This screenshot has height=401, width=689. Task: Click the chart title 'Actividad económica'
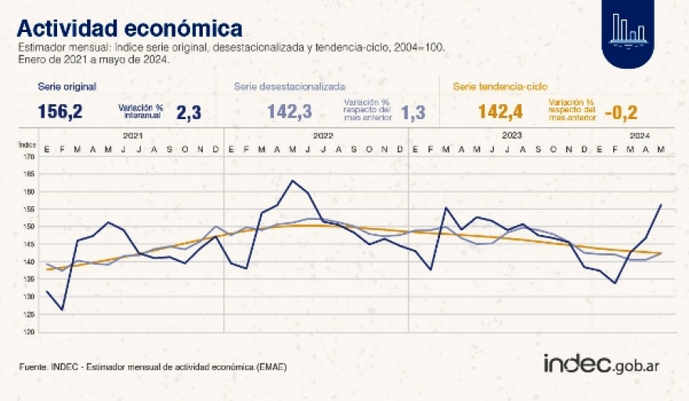point(129,27)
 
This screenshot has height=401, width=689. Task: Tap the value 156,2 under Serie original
point(60,112)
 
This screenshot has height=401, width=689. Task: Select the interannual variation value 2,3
point(189,113)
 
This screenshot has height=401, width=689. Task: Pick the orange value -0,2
point(621,113)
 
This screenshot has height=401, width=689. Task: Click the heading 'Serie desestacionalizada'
point(290,86)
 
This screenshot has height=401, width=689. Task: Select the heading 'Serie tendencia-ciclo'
point(500,86)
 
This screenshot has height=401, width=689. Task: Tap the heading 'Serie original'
point(67,86)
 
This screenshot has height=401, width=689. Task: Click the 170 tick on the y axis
point(29,157)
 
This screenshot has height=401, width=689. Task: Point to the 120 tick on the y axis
point(29,331)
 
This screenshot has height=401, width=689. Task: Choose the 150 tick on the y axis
point(29,226)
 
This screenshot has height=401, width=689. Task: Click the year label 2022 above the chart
point(323,135)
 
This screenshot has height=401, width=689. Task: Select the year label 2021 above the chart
point(133,135)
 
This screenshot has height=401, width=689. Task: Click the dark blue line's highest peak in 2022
point(292,181)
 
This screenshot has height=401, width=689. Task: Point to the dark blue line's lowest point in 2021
point(63,310)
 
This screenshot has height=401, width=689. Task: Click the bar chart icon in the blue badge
point(629,28)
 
